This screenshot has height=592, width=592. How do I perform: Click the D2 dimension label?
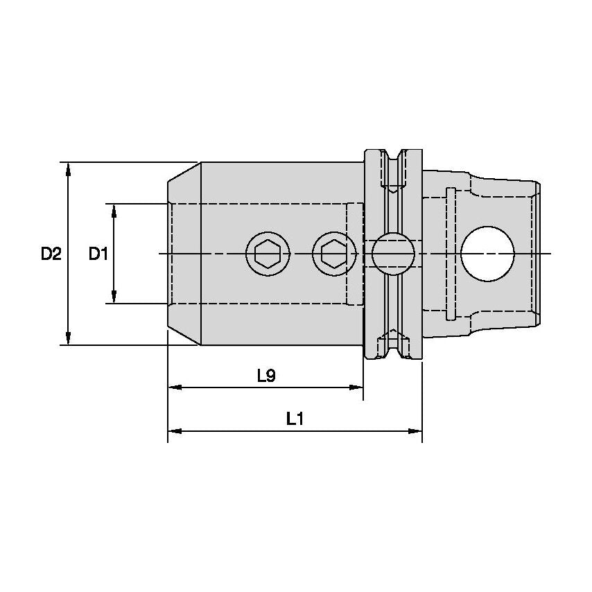tap(51, 254)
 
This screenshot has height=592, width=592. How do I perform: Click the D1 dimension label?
tap(98, 254)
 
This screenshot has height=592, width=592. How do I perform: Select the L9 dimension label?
tap(266, 376)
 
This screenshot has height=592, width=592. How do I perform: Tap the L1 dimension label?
tap(296, 419)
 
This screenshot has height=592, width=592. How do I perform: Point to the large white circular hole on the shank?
tap(488, 254)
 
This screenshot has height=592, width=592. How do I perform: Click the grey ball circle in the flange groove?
tap(393, 254)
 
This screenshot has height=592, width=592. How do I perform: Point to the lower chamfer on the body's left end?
tap(184, 336)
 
